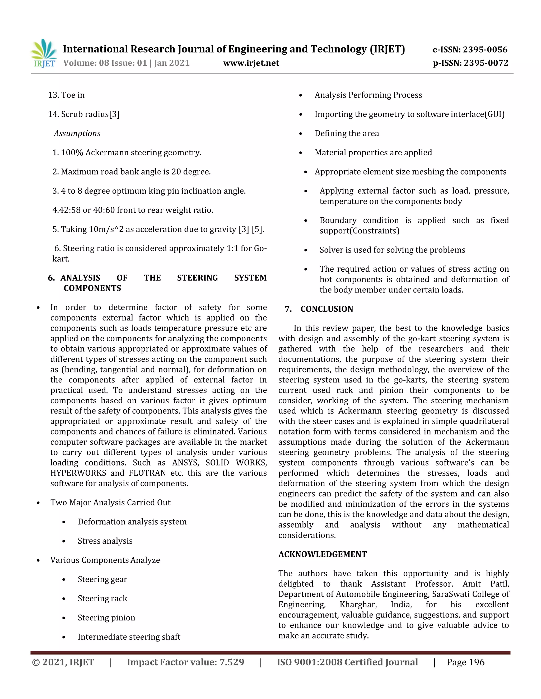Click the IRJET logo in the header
[x=44, y=54]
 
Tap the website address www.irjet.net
[x=251, y=63]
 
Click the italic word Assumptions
[x=77, y=133]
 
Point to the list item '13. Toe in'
[x=66, y=95]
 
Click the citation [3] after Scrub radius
[x=114, y=114]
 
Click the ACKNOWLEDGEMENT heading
[x=323, y=554]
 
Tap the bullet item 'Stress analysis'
[x=105, y=541]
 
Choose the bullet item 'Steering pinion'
[x=106, y=618]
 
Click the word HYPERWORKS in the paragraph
[x=78, y=473]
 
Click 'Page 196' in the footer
[x=465, y=662]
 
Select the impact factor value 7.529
[x=231, y=662]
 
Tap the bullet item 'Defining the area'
[x=347, y=133]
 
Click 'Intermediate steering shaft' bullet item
[x=129, y=637]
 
